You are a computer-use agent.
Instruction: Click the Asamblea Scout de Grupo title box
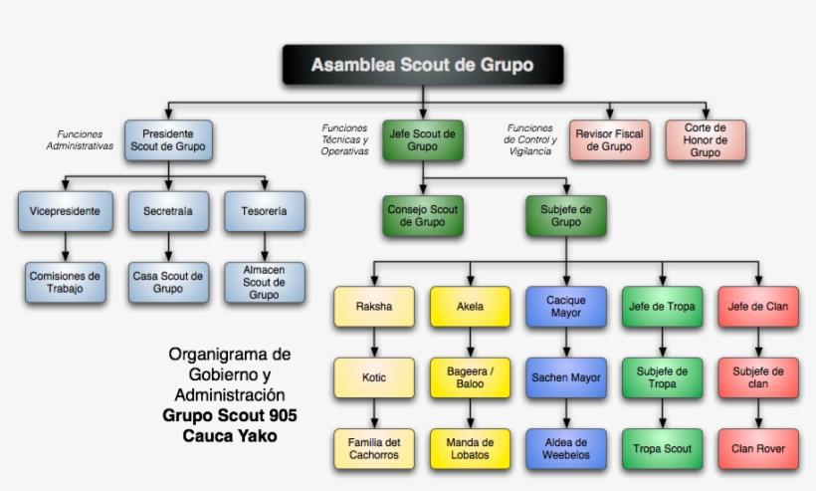click(422, 65)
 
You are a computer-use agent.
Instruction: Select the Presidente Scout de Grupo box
click(168, 139)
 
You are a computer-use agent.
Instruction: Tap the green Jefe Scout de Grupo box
click(423, 139)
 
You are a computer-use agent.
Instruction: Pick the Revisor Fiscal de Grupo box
click(609, 139)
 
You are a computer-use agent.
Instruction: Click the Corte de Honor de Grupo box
click(706, 139)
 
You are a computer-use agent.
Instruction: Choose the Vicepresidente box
click(65, 211)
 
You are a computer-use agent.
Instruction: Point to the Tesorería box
click(264, 211)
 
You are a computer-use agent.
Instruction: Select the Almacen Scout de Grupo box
click(264, 282)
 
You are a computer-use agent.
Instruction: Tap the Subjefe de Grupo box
click(565, 216)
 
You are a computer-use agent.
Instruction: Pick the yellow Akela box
click(470, 307)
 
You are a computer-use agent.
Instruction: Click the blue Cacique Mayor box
click(565, 307)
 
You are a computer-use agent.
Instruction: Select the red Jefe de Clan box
click(757, 307)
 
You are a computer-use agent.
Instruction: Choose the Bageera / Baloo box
click(470, 377)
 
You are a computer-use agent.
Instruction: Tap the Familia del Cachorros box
click(374, 449)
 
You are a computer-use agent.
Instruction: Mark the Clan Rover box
click(757, 449)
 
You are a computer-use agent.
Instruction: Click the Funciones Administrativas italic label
click(80, 139)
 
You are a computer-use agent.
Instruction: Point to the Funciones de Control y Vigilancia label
click(531, 139)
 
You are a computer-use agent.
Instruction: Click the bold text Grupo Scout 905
click(230, 414)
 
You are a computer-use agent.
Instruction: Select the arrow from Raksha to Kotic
click(374, 342)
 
